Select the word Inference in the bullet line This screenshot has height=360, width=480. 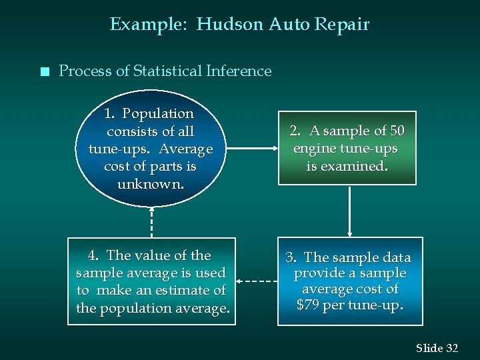pos(239,71)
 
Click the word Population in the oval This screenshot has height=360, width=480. pos(158,114)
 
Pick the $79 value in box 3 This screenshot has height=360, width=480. pos(311,306)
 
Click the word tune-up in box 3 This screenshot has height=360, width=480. pos(377,306)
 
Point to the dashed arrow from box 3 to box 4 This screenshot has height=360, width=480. pos(257,281)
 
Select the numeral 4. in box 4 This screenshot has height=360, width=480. pos(94,255)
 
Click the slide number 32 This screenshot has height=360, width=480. pos(451,348)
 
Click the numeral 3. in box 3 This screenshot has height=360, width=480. pos(291,257)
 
